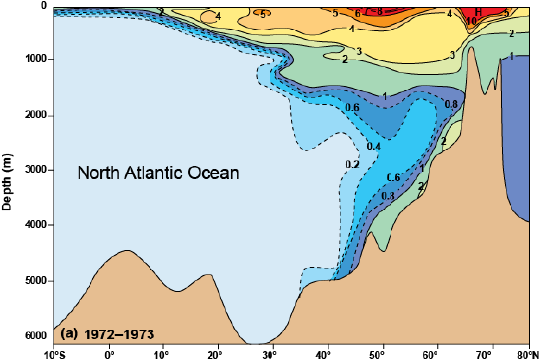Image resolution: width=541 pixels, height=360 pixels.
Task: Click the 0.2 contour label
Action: pos(352,163)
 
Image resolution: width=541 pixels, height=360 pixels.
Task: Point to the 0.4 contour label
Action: pos(373,146)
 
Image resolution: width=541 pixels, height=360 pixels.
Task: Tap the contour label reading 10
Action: pos(472,21)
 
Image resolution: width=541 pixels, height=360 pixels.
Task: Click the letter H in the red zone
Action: pos(478,12)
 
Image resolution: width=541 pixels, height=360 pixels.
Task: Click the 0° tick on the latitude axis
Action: pos(108,353)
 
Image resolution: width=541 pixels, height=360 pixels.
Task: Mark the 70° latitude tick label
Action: pos(480,353)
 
